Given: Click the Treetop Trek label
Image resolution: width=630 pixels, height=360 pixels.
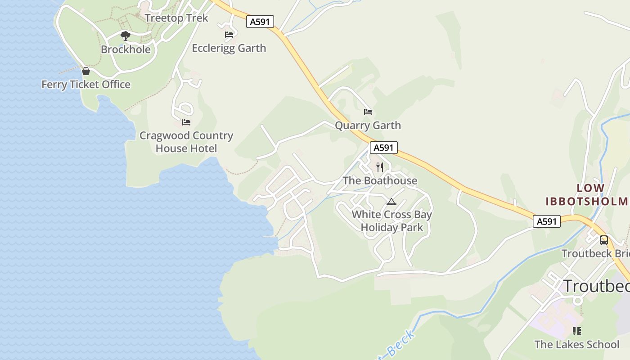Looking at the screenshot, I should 176,18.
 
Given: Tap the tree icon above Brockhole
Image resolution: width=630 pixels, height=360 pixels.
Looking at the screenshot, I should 126,36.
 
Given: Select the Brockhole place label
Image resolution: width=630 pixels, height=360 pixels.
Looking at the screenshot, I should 126,49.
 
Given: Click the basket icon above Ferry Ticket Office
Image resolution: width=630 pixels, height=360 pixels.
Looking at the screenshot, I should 86,71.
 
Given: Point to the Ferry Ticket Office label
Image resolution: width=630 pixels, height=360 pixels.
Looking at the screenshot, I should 86,85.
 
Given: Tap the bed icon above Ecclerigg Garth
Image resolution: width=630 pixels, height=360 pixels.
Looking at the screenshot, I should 229,34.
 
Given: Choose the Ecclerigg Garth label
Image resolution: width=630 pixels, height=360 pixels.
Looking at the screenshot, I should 229,48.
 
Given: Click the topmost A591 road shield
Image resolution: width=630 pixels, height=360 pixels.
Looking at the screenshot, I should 260,22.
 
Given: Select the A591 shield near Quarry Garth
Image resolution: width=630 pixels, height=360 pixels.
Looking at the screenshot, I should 384,148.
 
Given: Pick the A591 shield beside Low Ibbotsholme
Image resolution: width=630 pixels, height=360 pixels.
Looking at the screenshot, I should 547,221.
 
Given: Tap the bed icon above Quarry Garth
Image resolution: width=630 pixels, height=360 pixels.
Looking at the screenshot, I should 368,112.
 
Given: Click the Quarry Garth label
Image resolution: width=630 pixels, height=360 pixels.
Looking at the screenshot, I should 368,126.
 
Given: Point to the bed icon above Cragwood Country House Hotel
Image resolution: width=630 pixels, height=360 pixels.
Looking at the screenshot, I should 186,122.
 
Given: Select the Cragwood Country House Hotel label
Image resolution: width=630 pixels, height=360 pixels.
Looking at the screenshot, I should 186,142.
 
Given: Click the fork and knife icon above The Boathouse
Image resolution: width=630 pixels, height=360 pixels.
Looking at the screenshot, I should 380,167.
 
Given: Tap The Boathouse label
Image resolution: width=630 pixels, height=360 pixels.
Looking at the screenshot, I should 380,181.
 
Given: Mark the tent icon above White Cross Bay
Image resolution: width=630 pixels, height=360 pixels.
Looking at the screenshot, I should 391,202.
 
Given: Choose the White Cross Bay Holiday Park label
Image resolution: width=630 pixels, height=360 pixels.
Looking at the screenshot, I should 392,221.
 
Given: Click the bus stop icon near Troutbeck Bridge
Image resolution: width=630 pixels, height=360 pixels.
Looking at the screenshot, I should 604,240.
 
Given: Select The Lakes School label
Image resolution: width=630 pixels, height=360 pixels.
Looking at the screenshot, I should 577,345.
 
